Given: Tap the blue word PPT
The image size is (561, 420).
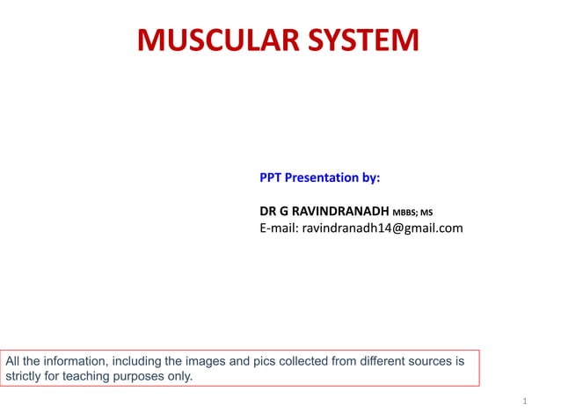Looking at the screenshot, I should tap(272, 177).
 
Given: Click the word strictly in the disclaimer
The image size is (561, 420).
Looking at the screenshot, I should tap(25, 376).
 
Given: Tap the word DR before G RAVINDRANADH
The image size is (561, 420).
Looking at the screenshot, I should tap(268, 212).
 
